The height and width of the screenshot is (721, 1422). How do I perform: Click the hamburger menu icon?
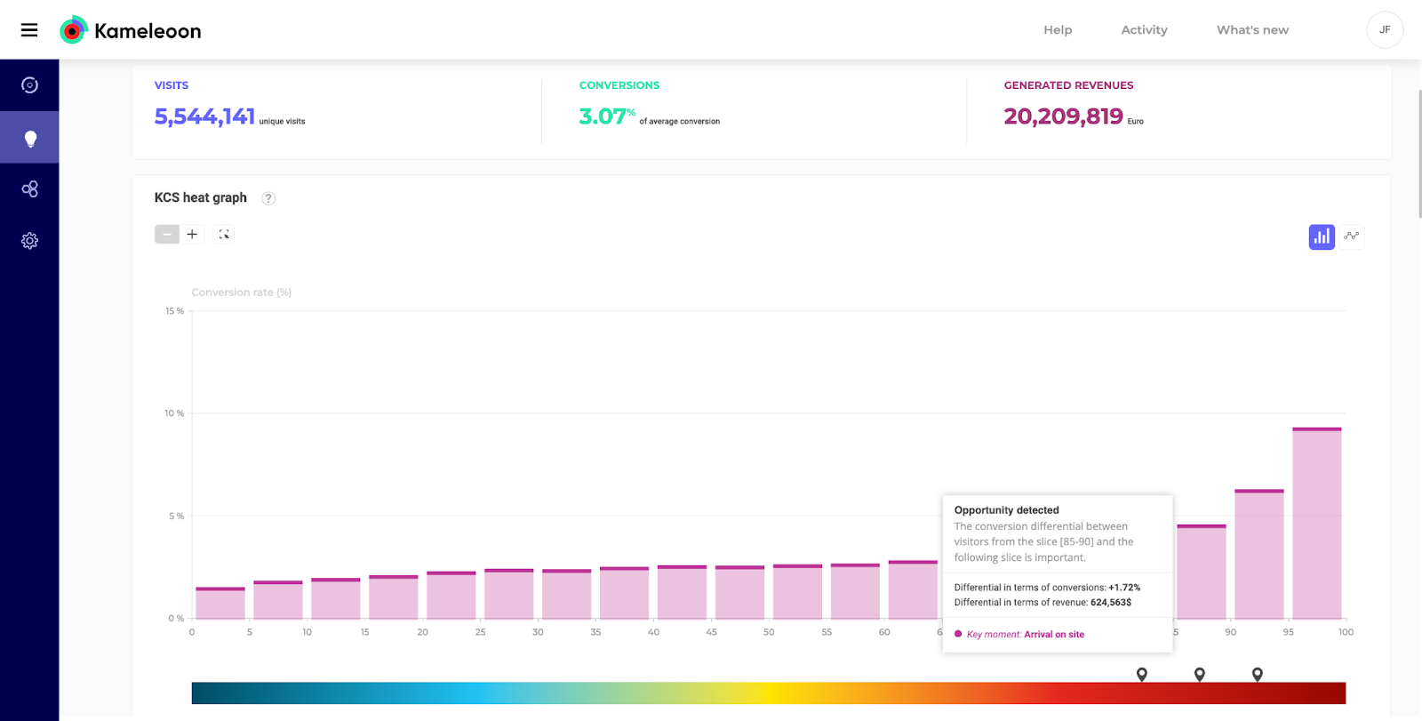pos(29,30)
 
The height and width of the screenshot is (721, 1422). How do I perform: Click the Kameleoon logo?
pos(130,30)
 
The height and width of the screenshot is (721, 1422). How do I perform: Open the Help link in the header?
pos(1058,30)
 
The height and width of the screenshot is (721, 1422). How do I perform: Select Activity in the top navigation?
pos(1144,30)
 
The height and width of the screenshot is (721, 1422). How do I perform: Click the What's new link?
pos(1252,30)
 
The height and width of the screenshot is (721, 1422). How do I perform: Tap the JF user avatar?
pos(1384,30)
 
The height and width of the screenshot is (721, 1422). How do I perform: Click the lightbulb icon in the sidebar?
pos(29,138)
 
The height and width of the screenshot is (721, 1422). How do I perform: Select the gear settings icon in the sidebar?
pos(29,241)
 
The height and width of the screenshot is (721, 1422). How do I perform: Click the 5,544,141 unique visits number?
pos(204,116)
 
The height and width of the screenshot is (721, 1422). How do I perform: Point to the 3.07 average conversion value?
pos(603,116)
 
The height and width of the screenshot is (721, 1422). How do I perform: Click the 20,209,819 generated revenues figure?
pos(1063,116)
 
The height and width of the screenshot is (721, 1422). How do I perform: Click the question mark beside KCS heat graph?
pos(268,198)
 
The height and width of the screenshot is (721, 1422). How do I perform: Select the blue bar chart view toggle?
pos(1322,236)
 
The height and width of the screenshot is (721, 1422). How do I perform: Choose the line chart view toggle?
pos(1352,236)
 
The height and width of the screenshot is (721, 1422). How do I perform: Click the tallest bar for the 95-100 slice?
pos(1316,525)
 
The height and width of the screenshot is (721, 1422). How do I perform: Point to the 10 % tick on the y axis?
pos(174,413)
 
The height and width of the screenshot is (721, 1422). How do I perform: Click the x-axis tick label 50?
pos(769,632)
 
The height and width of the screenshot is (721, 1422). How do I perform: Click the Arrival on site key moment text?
pos(1054,635)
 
